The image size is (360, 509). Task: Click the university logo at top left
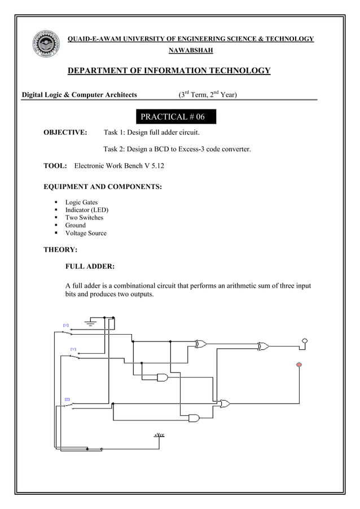click(47, 45)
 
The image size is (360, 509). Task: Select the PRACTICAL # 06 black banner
click(176, 117)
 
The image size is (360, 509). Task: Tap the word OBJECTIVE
click(65, 133)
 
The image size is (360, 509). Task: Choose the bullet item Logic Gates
click(81, 202)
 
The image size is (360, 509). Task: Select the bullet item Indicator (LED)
click(86, 210)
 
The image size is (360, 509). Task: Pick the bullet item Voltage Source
click(85, 233)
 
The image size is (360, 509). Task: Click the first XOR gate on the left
click(201, 344)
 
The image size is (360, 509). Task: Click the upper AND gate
click(163, 378)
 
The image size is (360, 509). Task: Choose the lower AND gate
click(194, 418)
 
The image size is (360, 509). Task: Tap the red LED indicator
click(299, 365)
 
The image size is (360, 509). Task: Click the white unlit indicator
click(305, 341)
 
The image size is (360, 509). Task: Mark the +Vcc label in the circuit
click(159, 435)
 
